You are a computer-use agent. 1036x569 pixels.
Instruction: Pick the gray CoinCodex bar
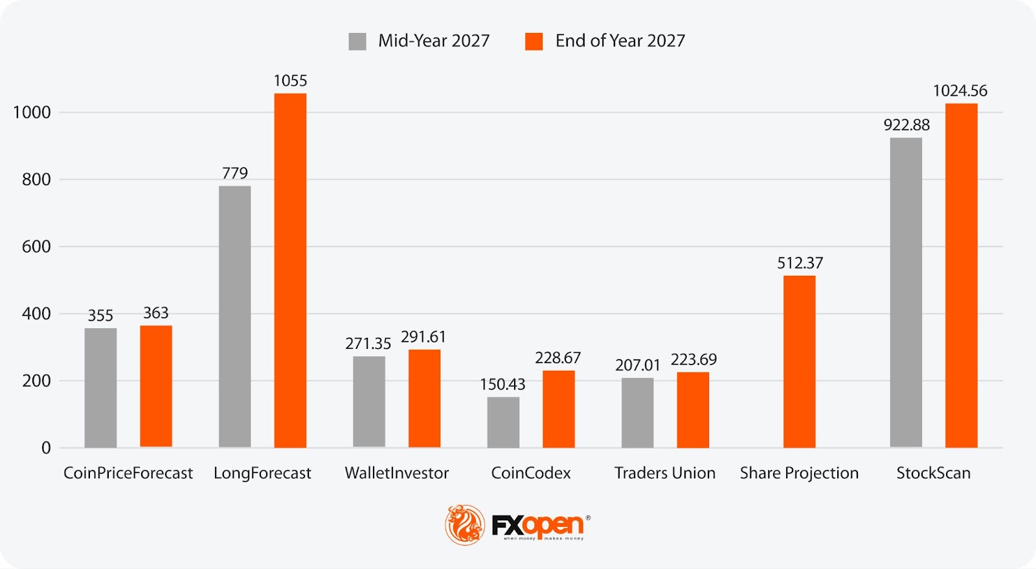click(x=503, y=422)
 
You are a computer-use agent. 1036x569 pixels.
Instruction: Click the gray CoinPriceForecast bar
click(x=100, y=388)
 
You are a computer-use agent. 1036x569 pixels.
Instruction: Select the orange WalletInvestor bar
click(x=424, y=398)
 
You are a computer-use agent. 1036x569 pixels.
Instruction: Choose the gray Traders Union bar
click(x=637, y=412)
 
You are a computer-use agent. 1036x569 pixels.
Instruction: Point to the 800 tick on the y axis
click(x=36, y=179)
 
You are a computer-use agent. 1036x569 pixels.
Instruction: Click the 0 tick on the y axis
click(x=46, y=448)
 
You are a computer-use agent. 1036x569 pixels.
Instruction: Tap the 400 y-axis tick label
click(x=36, y=314)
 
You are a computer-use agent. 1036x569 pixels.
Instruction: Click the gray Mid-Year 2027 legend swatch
click(x=357, y=41)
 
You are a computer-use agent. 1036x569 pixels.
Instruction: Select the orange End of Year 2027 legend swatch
click(x=534, y=41)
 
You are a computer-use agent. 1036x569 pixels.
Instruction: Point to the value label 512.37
click(x=800, y=263)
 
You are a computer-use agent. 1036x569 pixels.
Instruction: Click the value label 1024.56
click(x=960, y=91)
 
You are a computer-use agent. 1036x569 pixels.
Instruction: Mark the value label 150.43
click(x=502, y=384)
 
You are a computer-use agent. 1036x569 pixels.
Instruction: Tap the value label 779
click(x=234, y=173)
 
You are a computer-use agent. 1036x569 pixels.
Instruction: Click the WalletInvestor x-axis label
click(x=396, y=473)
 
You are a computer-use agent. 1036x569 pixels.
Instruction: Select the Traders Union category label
click(x=665, y=473)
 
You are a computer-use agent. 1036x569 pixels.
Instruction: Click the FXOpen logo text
click(x=538, y=525)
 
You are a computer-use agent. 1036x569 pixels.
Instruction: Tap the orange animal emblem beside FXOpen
click(x=464, y=524)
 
